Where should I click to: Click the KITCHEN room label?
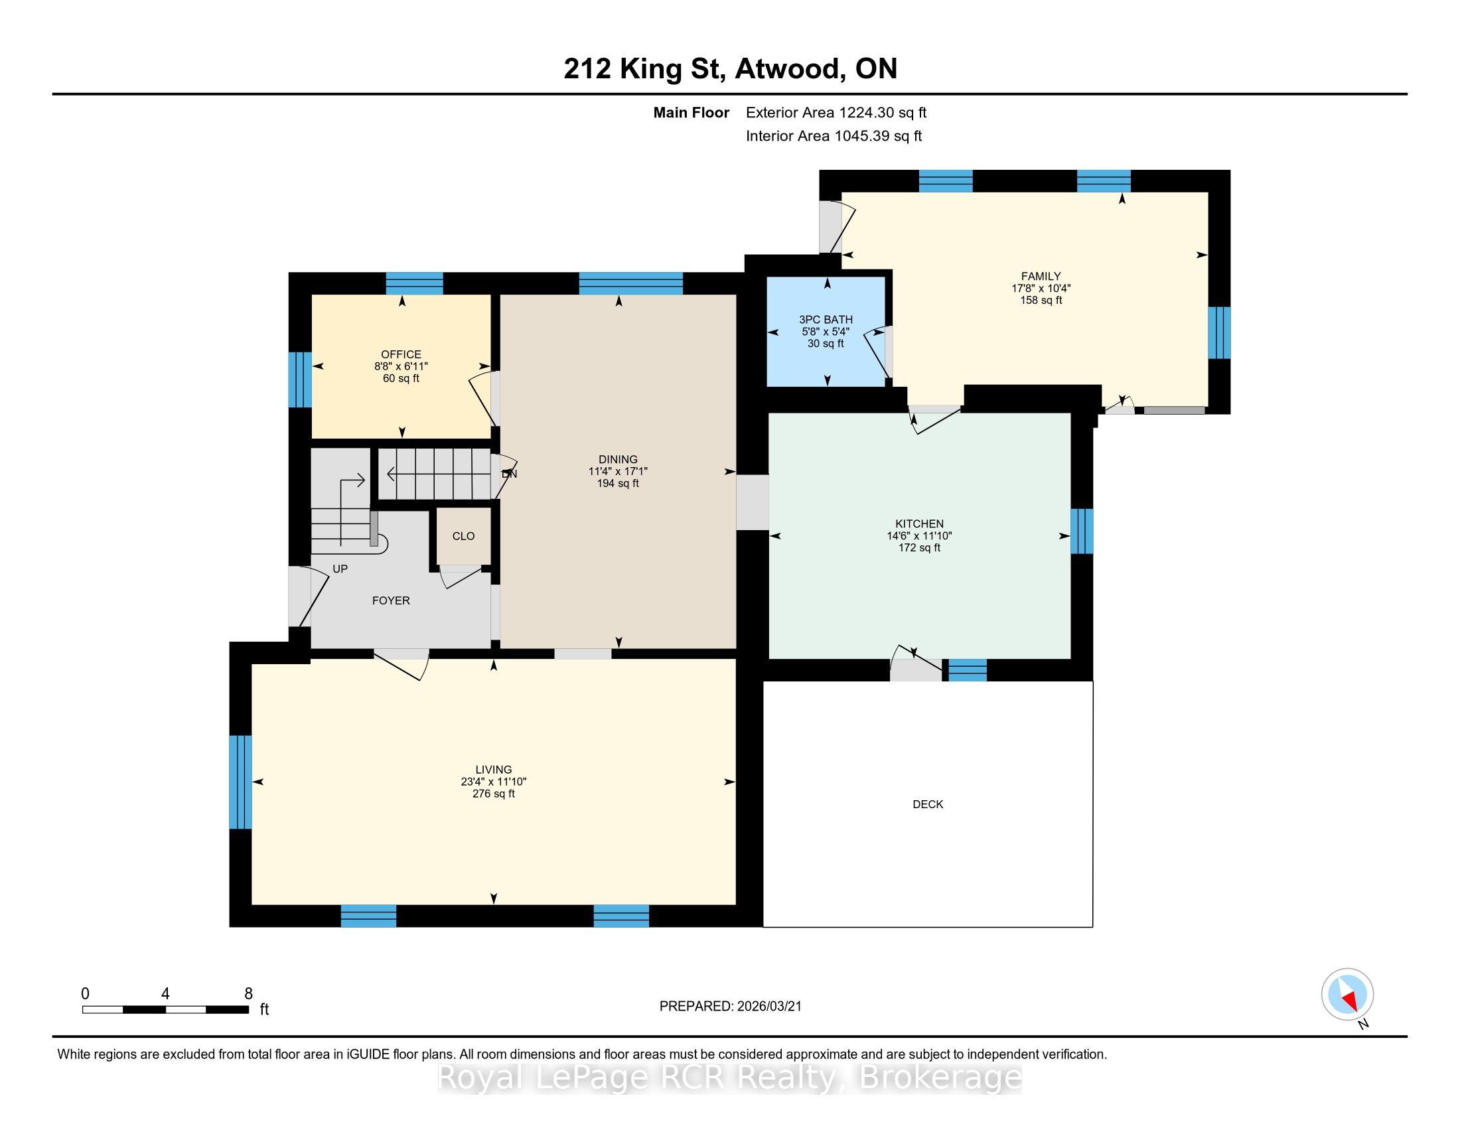[x=919, y=524]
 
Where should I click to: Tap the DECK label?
[x=928, y=805]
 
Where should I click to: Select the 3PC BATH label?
[x=826, y=319]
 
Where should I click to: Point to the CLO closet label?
[x=463, y=536]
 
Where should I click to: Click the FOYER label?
[x=391, y=600]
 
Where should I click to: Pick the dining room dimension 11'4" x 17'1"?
[x=618, y=471]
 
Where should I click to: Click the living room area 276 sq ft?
[x=493, y=794]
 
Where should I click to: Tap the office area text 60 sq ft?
[x=401, y=378]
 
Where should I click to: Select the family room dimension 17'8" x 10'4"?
[x=1041, y=288]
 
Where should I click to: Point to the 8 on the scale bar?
[x=249, y=994]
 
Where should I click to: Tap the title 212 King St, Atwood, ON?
[x=730, y=69]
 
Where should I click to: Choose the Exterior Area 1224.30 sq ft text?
[x=836, y=113]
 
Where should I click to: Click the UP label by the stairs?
[x=340, y=569]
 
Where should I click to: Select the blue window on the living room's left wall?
[x=241, y=782]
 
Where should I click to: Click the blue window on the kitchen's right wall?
[x=1082, y=531]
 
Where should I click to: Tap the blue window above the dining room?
[x=630, y=283]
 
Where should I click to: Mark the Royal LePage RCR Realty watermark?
[x=730, y=1077]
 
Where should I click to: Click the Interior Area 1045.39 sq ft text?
[x=834, y=136]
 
